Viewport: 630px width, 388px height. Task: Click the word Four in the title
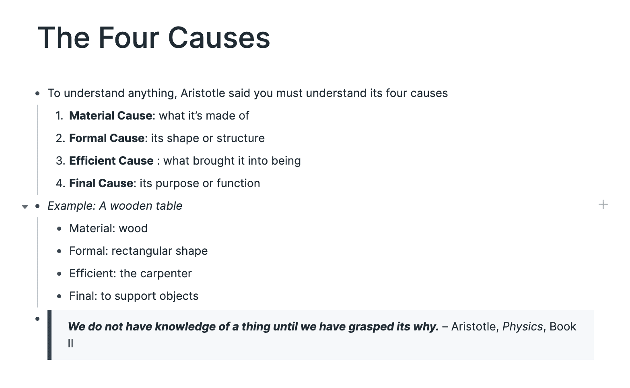(129, 38)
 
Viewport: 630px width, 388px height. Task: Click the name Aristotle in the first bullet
(203, 93)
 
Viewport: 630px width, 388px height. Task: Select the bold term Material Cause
(111, 116)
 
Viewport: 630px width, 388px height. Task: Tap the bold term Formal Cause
(107, 138)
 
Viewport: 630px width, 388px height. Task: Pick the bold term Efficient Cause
(111, 161)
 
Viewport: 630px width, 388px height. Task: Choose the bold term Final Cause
(101, 183)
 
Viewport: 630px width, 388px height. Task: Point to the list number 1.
(60, 116)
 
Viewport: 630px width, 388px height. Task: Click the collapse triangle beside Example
(25, 207)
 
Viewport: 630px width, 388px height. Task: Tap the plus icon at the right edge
(603, 204)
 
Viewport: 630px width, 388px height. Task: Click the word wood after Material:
(133, 228)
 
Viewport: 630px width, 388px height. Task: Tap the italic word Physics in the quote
(522, 327)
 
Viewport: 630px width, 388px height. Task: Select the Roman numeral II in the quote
(70, 344)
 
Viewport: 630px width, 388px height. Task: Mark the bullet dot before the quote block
(37, 319)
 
